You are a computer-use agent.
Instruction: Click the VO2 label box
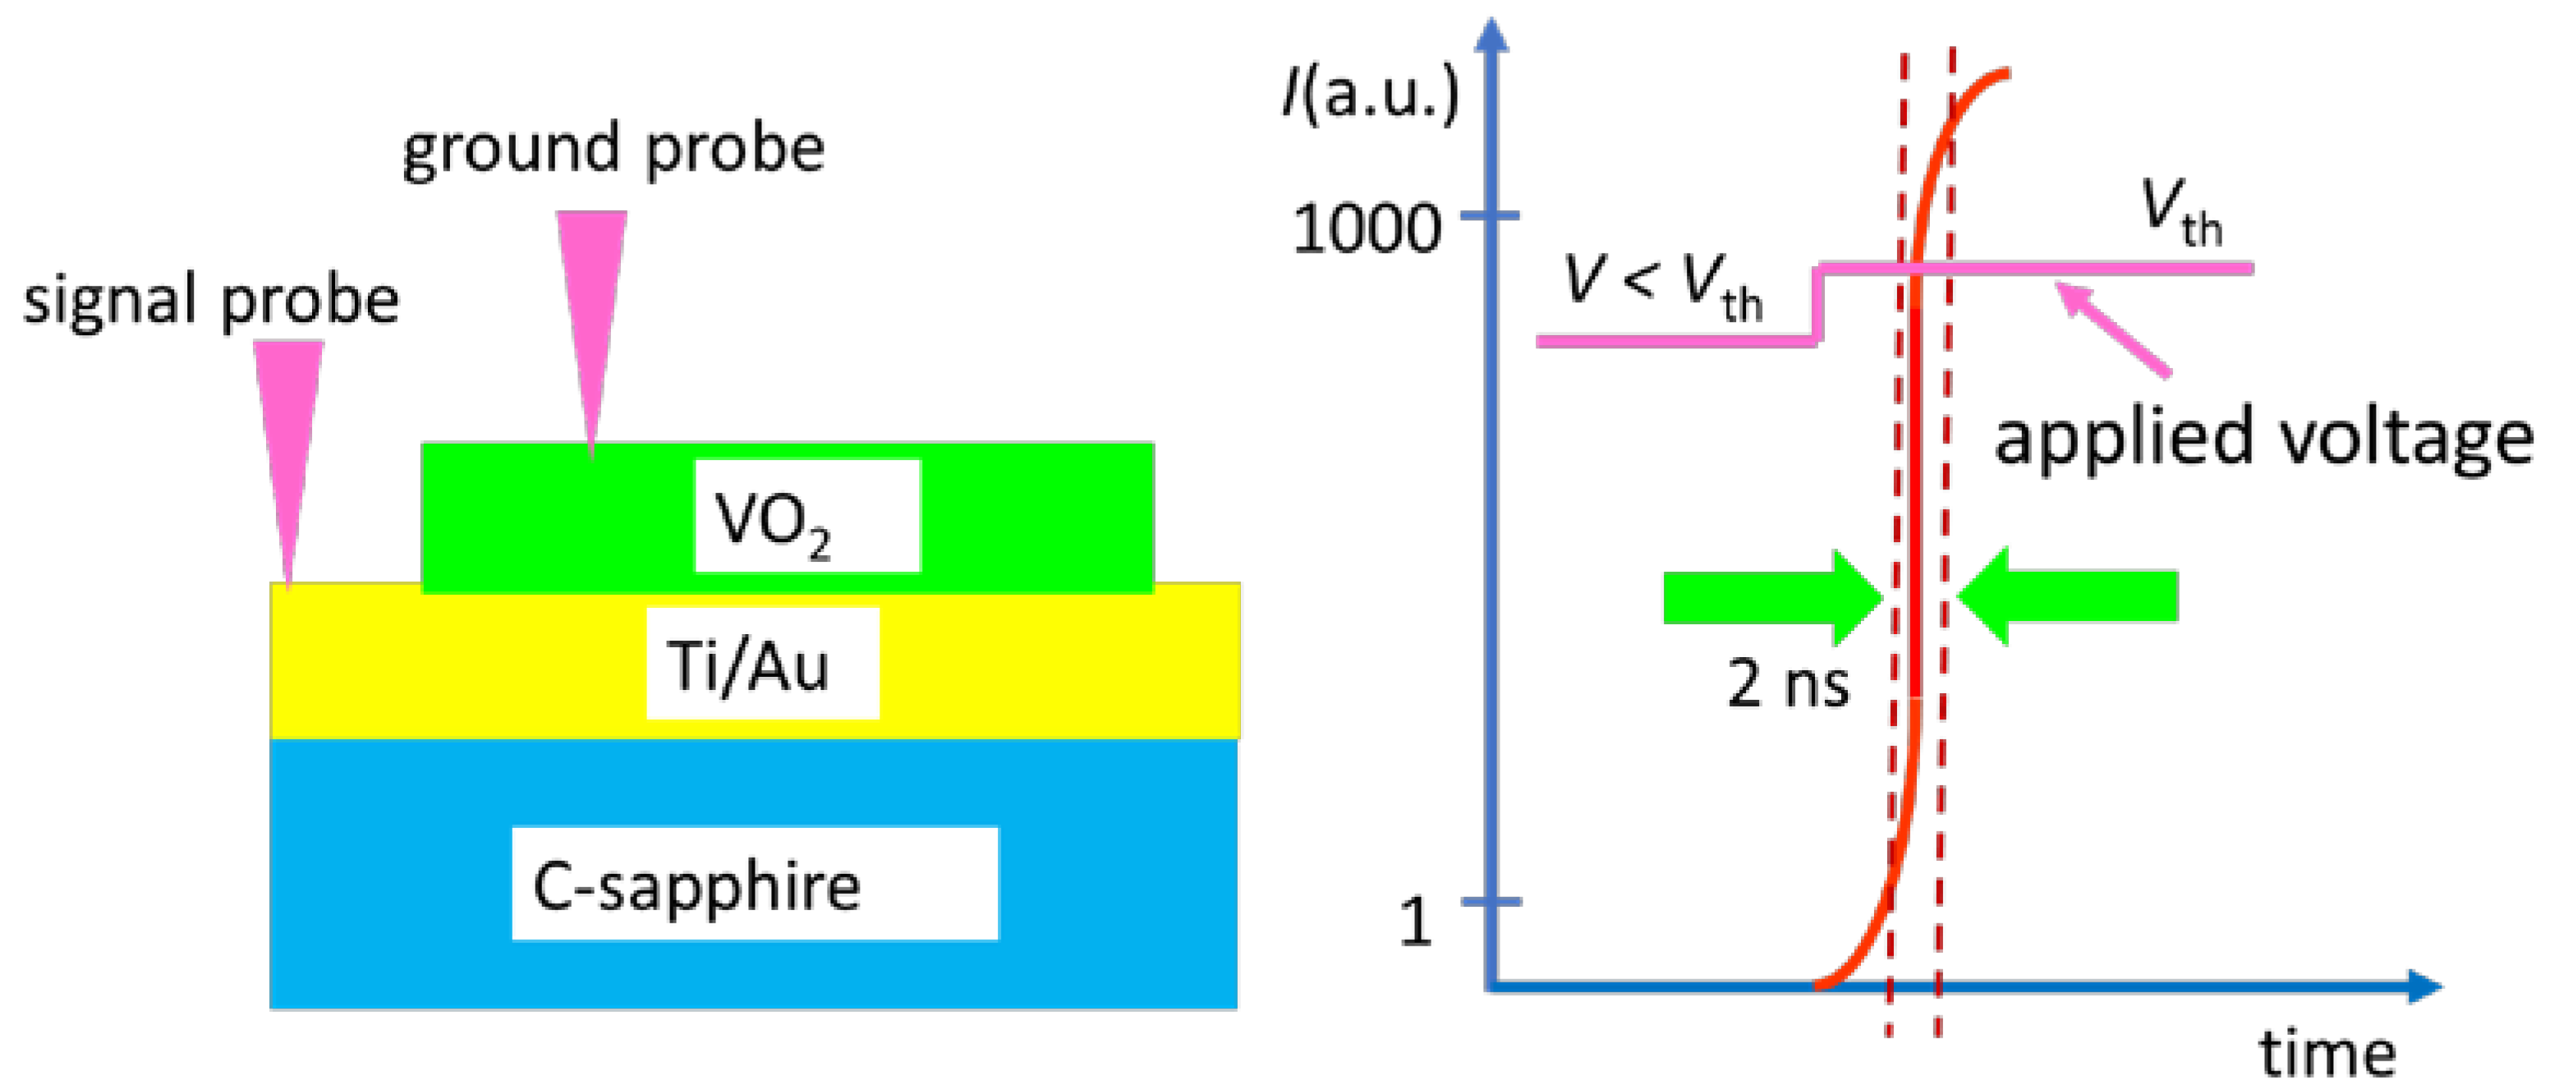tap(806, 516)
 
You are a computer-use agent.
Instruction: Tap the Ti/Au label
tap(762, 663)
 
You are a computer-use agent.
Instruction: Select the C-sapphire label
tap(754, 883)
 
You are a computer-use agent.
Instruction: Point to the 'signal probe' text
tap(210, 300)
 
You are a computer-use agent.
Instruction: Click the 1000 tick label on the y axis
tap(1366, 228)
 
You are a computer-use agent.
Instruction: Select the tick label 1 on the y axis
tap(1415, 922)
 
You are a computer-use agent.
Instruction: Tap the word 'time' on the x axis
tap(2327, 1053)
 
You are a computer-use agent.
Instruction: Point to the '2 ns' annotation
tap(1788, 683)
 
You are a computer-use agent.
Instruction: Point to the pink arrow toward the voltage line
tap(2111, 328)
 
